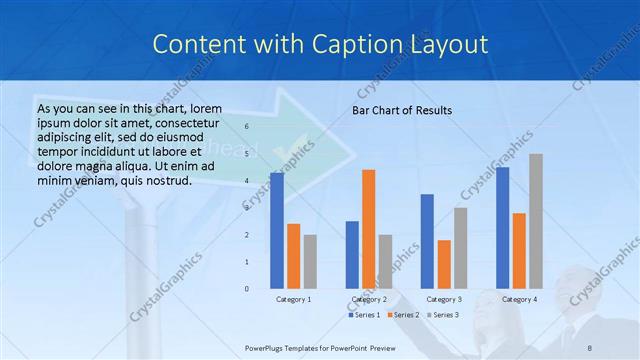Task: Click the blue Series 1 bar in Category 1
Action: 277,231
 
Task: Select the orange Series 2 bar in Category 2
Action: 369,229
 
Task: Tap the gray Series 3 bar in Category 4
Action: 536,221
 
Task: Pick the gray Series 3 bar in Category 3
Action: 460,248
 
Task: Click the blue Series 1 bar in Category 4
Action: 502,228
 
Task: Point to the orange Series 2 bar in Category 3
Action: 444,264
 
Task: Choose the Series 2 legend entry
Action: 403,315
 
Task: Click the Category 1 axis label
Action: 293,299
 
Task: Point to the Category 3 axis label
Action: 444,299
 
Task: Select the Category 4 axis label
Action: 519,299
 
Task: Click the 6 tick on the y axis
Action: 247,127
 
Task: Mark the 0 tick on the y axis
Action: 247,289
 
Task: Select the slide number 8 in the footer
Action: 590,345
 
